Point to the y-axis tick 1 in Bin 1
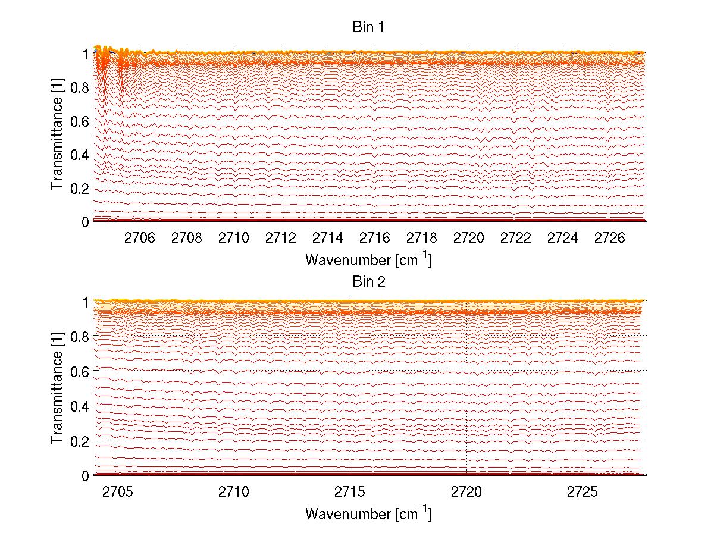pos(86,54)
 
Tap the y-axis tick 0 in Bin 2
pos(86,476)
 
